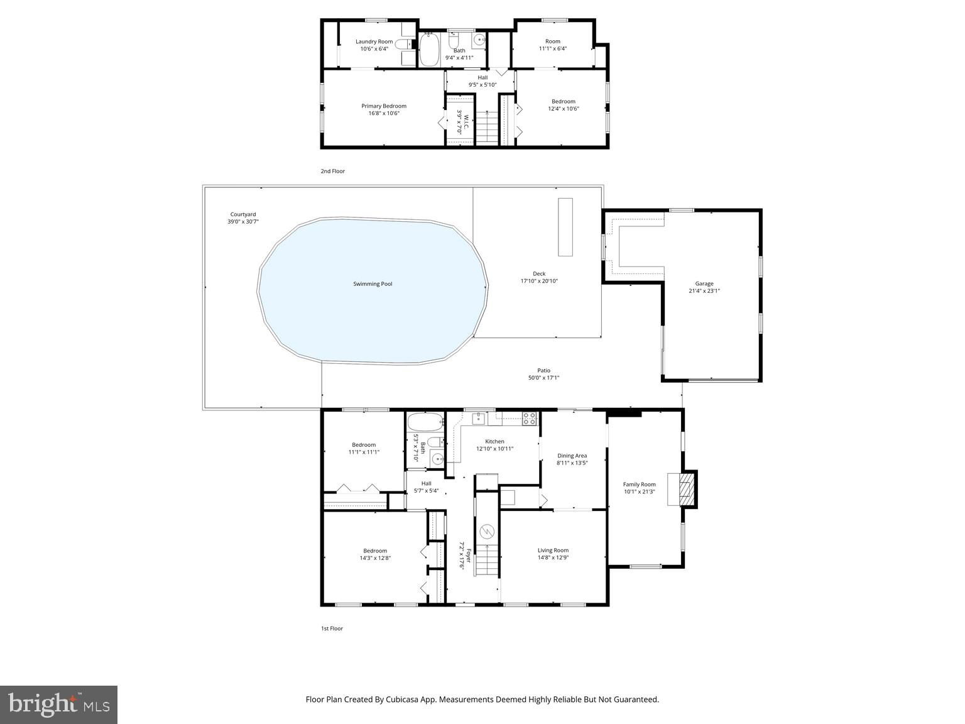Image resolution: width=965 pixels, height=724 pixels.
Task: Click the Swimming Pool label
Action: click(x=372, y=284)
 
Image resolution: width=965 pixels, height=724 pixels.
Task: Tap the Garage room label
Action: click(x=704, y=283)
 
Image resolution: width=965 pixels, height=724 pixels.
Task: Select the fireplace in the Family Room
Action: click(x=688, y=488)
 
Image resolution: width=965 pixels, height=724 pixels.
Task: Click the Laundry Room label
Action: click(x=374, y=41)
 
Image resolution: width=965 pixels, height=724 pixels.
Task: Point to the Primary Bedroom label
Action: click(x=383, y=106)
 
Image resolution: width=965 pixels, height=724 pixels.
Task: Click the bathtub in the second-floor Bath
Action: click(x=429, y=49)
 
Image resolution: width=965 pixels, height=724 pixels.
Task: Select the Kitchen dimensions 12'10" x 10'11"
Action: click(x=494, y=449)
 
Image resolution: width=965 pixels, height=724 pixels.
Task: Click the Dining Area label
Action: click(x=572, y=456)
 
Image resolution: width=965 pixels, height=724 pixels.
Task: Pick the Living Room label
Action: click(x=553, y=551)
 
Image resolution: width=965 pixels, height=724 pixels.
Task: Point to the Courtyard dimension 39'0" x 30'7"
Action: click(x=243, y=222)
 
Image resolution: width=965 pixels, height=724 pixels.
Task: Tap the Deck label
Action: click(x=538, y=273)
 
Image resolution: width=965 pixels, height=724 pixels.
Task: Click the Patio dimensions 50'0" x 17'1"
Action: click(x=543, y=378)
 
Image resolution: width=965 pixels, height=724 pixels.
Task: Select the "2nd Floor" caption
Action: click(x=332, y=171)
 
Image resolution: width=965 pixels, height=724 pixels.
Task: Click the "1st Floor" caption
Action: click(x=332, y=628)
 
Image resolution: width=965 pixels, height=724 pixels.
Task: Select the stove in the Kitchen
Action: click(x=530, y=417)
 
